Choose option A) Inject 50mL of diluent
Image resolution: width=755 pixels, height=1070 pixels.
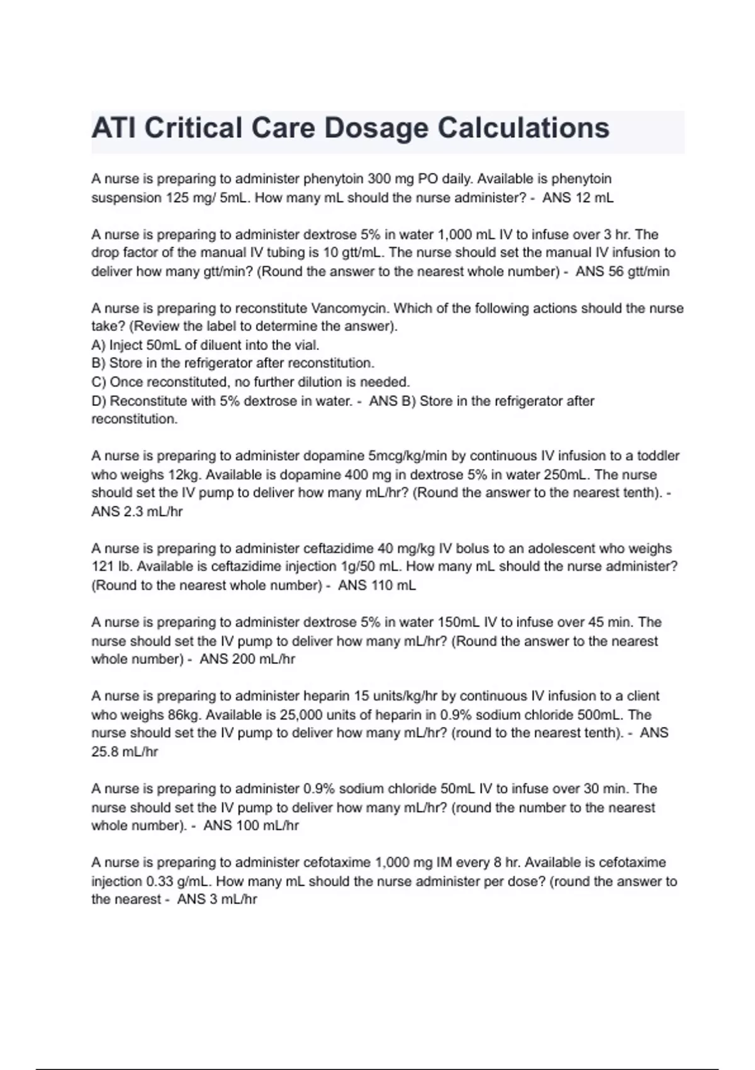pos(205,345)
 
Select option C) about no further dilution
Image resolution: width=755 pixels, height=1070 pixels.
pos(250,382)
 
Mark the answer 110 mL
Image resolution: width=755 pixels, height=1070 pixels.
pos(392,585)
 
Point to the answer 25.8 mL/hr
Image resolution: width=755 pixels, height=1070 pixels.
pos(125,752)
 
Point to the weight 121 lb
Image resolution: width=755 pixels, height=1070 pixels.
pos(109,566)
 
